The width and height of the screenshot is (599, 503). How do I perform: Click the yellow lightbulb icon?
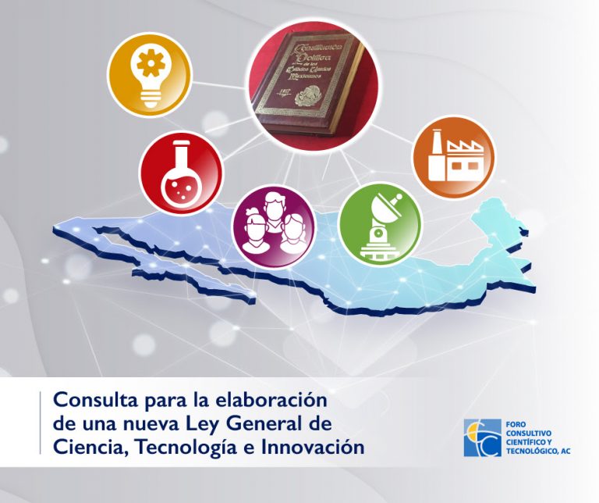pyautogui.click(x=149, y=75)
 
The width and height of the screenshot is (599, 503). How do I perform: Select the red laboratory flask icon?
pyautogui.click(x=181, y=173)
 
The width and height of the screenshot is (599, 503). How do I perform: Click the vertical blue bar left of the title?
pyautogui.click(x=41, y=423)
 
